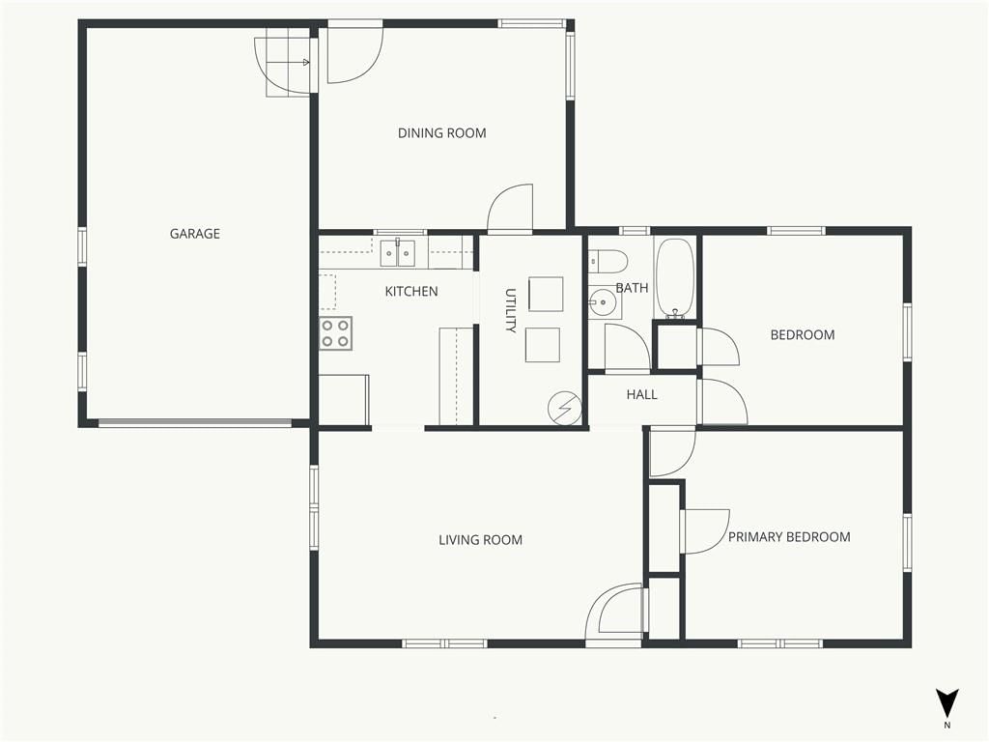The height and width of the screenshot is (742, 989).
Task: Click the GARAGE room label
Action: pyautogui.click(x=195, y=234)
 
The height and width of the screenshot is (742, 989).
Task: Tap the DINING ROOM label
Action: pyautogui.click(x=441, y=133)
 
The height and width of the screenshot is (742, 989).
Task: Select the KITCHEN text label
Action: pyautogui.click(x=411, y=292)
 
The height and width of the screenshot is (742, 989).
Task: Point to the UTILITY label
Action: pyautogui.click(x=511, y=310)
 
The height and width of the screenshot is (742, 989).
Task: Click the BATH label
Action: pyautogui.click(x=632, y=288)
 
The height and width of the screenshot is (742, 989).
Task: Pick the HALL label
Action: pyautogui.click(x=642, y=395)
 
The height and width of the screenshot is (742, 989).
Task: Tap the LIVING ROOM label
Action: pyautogui.click(x=481, y=540)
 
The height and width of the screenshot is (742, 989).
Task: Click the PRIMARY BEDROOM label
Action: pyautogui.click(x=789, y=537)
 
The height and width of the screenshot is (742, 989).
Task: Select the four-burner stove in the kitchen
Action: pyautogui.click(x=335, y=333)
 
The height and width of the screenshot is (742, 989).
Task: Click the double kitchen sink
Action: pyautogui.click(x=397, y=254)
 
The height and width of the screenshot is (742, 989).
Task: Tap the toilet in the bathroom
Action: pyautogui.click(x=608, y=260)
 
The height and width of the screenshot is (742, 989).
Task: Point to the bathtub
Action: pyautogui.click(x=675, y=278)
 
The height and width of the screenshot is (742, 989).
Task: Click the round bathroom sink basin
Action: pyautogui.click(x=604, y=302)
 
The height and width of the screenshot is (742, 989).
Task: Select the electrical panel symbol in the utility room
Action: pyautogui.click(x=564, y=409)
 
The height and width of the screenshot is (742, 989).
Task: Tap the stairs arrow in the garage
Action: pyautogui.click(x=288, y=63)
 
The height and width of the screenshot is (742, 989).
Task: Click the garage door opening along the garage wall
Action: pyautogui.click(x=195, y=423)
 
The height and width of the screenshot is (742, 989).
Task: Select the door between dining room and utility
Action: pyautogui.click(x=510, y=209)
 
